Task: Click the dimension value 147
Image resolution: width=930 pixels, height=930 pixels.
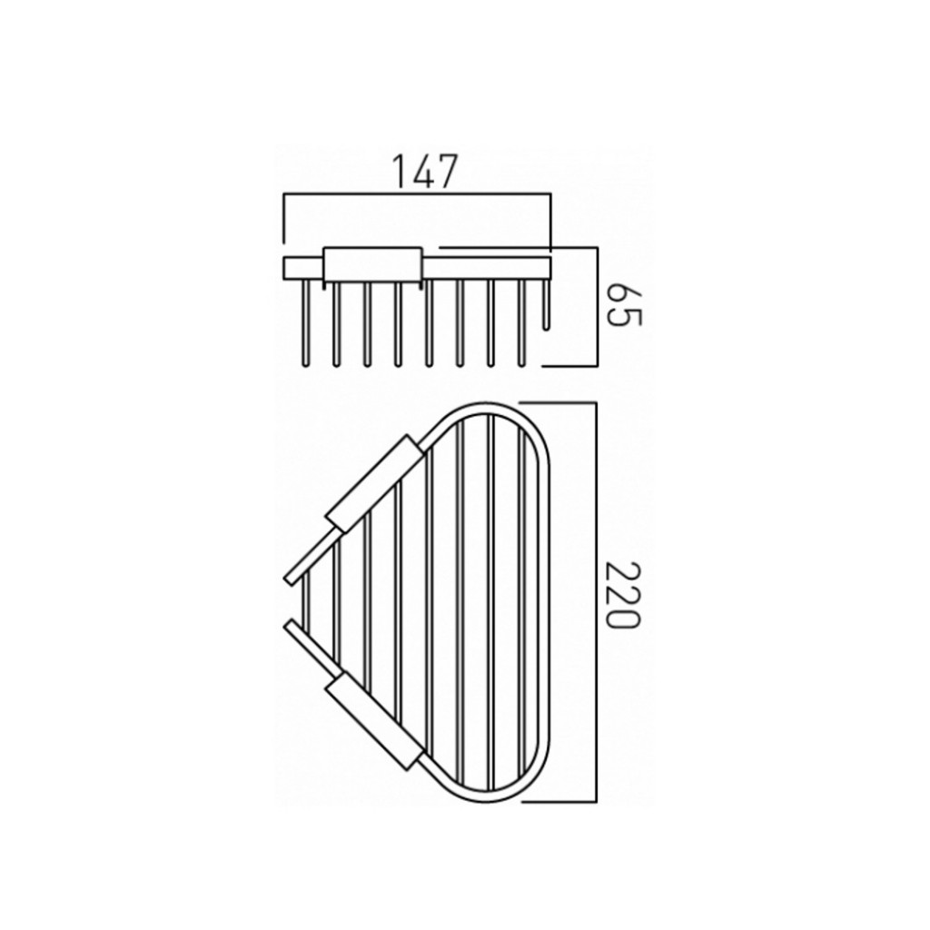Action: point(423,172)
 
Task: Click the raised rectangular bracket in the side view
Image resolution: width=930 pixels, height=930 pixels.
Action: point(372,264)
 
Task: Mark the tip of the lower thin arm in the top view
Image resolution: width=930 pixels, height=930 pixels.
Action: point(292,626)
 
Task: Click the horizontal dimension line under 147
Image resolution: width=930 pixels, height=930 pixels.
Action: point(418,193)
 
